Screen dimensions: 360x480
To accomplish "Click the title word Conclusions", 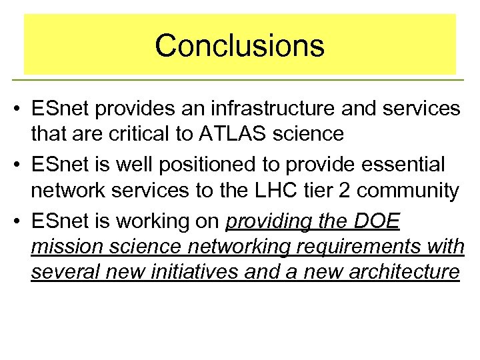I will pos(240,45).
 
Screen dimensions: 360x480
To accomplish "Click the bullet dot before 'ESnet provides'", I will pos(15,109).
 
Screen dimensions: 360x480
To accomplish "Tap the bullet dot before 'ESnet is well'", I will pos(15,164).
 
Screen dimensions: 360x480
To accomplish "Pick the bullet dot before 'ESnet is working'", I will pos(15,221).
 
